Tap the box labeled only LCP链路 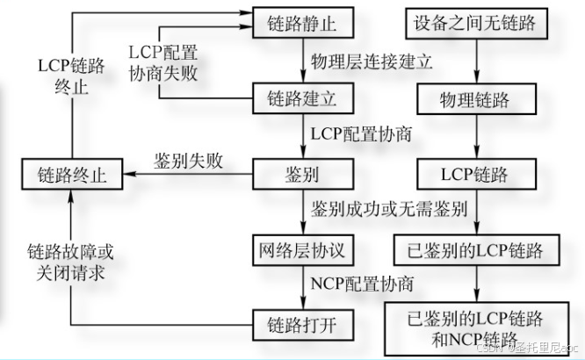(474, 174)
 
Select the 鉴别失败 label (187, 161)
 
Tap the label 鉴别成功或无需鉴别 (388, 211)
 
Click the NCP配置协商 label (362, 285)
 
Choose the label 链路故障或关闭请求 (70, 263)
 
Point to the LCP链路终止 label (71, 76)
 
